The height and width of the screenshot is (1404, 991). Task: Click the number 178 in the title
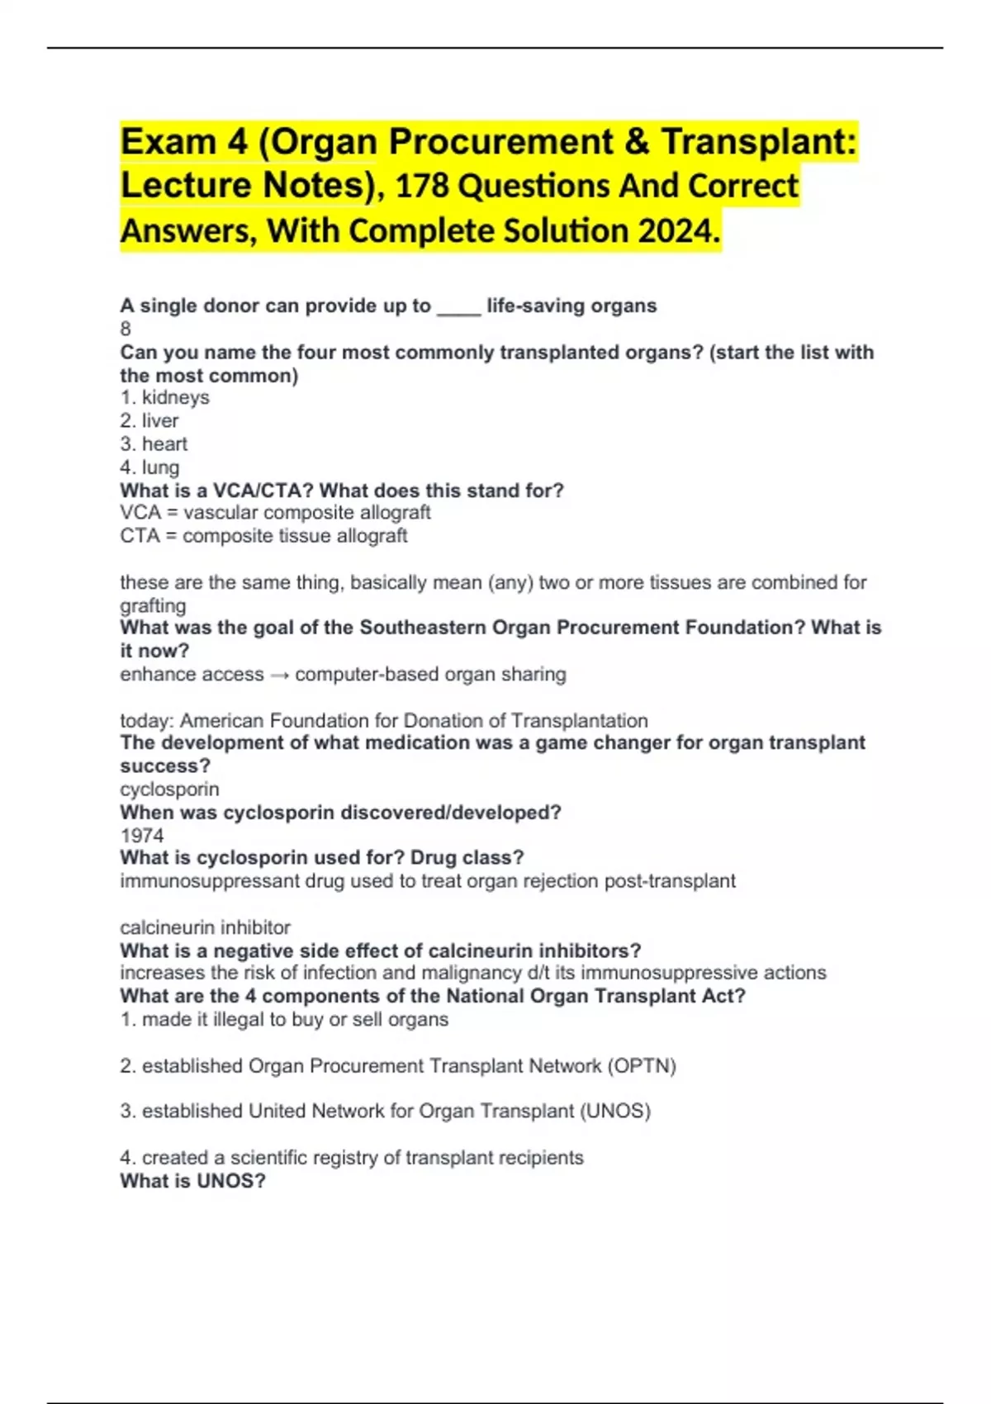coord(422,187)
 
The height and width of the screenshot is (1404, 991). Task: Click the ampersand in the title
coord(637,142)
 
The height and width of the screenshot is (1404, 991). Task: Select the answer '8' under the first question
coord(126,329)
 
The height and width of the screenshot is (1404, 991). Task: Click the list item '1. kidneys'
coord(164,397)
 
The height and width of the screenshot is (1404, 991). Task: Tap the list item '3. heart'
coord(154,443)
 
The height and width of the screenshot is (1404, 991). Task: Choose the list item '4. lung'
coord(149,467)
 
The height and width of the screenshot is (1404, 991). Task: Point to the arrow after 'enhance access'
coord(279,675)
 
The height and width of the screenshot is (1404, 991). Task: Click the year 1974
coord(142,835)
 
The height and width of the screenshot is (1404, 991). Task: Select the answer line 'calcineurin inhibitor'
coord(205,927)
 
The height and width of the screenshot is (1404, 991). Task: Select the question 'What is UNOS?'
coord(192,1181)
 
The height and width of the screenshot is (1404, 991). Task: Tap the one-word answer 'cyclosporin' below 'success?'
coord(169,789)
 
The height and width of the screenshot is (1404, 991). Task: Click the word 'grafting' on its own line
coord(153,605)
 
